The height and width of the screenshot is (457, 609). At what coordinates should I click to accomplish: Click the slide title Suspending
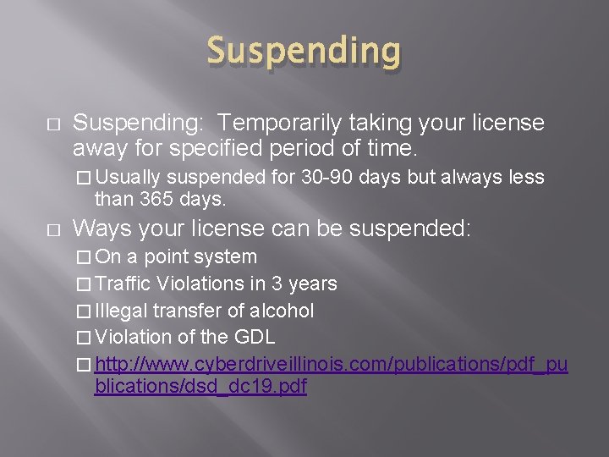pyautogui.click(x=304, y=52)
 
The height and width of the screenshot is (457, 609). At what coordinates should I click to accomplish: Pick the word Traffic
pyautogui.click(x=128, y=284)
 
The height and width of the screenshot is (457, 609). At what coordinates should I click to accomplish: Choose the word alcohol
pyautogui.click(x=281, y=311)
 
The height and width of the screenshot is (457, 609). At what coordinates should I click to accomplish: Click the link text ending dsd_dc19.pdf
pyautogui.click(x=200, y=387)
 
